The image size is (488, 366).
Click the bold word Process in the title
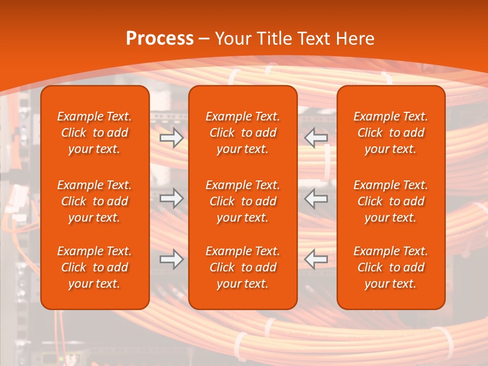(160, 39)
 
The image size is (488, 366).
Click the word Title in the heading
(275, 39)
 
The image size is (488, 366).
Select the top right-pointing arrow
(172, 138)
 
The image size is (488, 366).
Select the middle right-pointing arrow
(172, 198)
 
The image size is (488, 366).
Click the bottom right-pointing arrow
(172, 259)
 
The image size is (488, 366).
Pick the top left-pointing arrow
(316, 138)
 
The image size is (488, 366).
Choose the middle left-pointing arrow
(316, 198)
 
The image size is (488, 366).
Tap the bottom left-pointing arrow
(316, 259)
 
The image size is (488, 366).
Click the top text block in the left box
(95, 133)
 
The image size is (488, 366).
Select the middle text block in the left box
(95, 201)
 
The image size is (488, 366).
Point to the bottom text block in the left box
(95, 267)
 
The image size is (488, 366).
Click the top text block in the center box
(242, 133)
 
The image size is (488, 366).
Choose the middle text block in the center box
(242, 201)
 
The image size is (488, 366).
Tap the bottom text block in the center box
(242, 267)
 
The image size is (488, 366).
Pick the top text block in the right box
(390, 133)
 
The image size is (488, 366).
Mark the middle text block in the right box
(390, 201)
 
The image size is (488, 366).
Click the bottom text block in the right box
(390, 267)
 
